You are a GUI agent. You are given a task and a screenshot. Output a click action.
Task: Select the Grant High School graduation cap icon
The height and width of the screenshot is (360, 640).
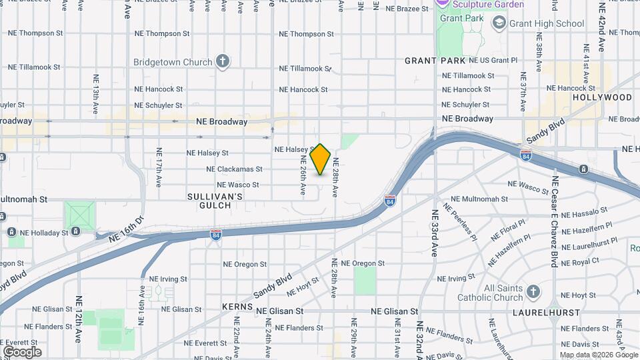pos(499,24)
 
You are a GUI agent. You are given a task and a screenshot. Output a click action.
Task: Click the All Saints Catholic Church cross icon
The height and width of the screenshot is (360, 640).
pos(533,291)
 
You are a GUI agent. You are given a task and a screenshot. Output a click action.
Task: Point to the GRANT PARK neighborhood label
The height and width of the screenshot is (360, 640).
pos(435,61)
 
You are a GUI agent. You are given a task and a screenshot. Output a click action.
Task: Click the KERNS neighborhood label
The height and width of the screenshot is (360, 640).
pos(237,308)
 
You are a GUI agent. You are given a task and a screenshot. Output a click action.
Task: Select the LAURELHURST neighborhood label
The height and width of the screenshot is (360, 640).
pos(540,312)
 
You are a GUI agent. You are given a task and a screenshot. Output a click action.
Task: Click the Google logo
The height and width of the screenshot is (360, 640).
pos(22,352)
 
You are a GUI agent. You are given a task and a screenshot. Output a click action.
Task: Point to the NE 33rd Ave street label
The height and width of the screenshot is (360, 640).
pos(434,233)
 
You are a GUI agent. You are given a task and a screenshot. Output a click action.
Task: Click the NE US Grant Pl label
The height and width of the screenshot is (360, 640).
pos(493,60)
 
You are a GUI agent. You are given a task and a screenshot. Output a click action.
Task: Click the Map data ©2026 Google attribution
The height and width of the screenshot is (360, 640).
pos(598,355)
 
